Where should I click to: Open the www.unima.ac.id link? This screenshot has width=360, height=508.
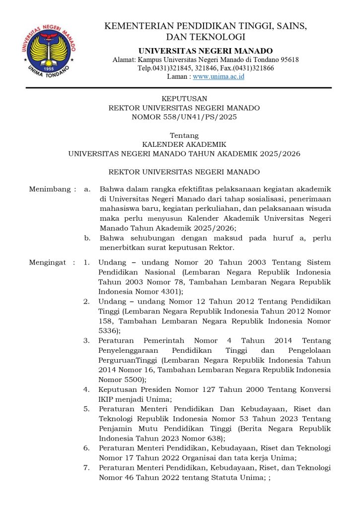pos(218,77)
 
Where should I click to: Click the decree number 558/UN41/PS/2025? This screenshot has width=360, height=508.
pos(208,117)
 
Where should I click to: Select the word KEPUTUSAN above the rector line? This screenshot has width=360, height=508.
pos(184,99)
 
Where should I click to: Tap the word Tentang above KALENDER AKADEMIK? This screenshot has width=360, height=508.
pos(184,135)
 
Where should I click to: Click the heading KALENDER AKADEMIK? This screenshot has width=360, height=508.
pos(184,144)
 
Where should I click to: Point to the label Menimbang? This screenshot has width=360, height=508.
pos(48,189)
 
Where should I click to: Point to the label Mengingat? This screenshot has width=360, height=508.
pos(48,262)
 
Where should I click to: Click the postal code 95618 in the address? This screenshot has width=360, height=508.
pos(288,60)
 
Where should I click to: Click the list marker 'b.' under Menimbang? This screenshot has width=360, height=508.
pos(87,238)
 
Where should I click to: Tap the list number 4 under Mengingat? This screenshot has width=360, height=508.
pos(86,390)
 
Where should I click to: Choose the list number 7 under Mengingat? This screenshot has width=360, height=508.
pos(86,468)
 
